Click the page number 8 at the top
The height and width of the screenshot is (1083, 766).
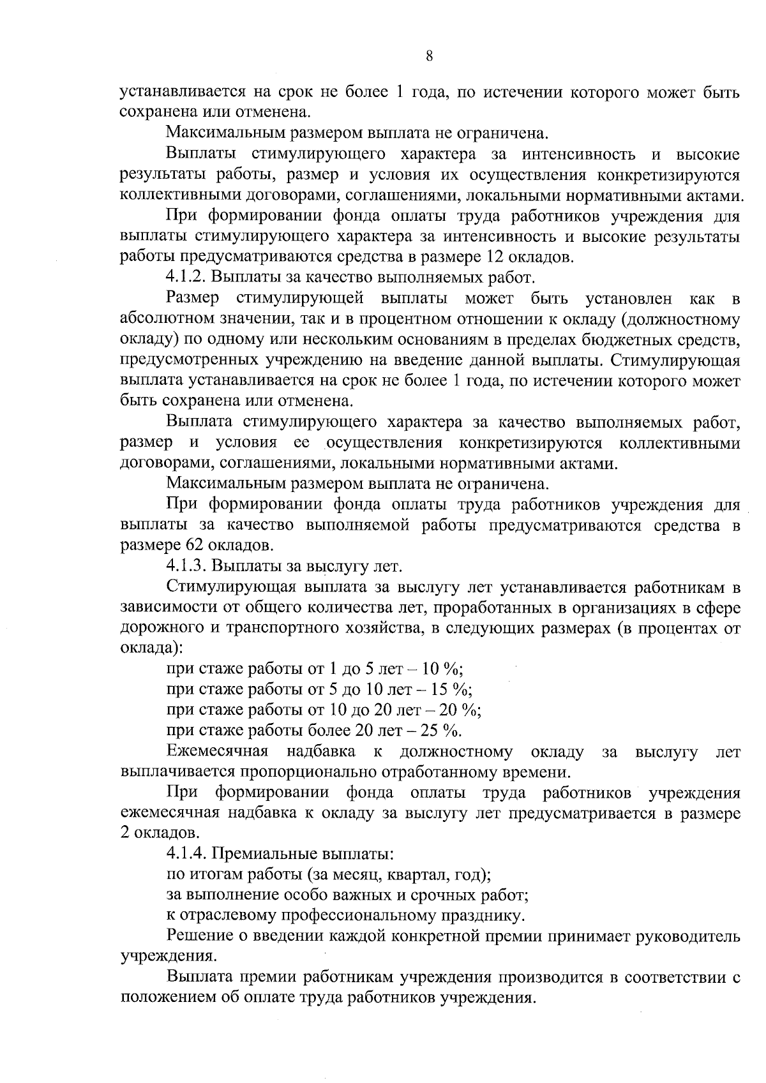click(x=429, y=56)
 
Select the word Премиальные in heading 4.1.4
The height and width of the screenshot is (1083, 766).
click(x=267, y=854)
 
